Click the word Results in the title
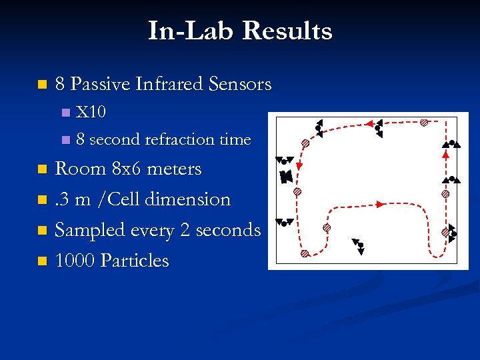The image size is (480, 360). tap(287, 31)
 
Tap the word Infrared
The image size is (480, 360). tap(169, 84)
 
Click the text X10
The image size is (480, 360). tap(91, 112)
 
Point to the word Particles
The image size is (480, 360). tap(135, 260)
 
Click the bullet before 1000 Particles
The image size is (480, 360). tap(43, 261)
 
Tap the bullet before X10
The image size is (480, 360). tap(65, 113)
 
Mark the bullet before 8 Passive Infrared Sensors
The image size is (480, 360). tap(43, 85)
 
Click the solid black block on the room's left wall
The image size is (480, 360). tap(286, 177)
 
